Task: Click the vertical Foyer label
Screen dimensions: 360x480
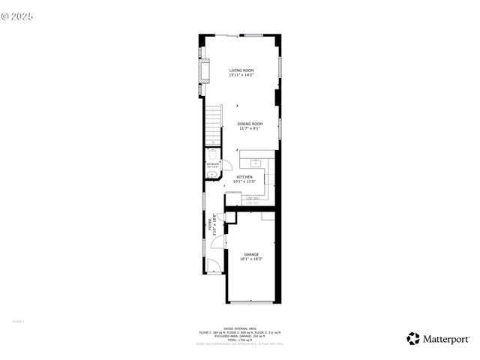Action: tap(211, 225)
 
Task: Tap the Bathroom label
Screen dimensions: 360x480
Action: tap(213, 163)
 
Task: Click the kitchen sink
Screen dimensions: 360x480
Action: tap(255, 162)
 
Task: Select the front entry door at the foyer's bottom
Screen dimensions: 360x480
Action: tap(214, 264)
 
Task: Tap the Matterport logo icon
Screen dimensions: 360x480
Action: tap(412, 338)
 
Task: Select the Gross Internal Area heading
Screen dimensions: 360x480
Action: tap(240, 328)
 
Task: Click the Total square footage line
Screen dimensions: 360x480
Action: tap(240, 340)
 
